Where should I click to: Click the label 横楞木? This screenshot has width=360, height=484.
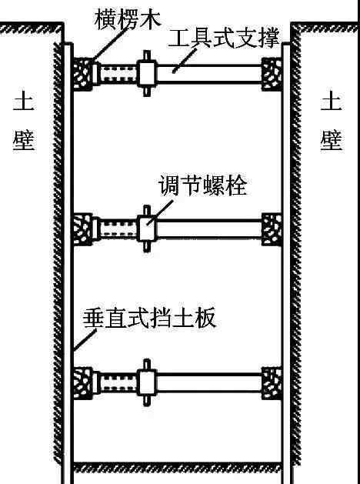pyautogui.click(x=128, y=19)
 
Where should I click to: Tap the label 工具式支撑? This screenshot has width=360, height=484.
pyautogui.click(x=223, y=38)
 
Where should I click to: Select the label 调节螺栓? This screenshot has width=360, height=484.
pyautogui.click(x=202, y=185)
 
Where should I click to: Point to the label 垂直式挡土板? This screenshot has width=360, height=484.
pyautogui.click(x=149, y=318)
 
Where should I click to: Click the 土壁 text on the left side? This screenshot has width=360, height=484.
pyautogui.click(x=23, y=120)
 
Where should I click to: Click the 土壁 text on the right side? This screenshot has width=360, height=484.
pyautogui.click(x=331, y=120)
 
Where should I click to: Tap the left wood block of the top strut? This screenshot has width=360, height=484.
pyautogui.click(x=83, y=74)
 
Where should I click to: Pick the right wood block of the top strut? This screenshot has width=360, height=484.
pyautogui.click(x=272, y=74)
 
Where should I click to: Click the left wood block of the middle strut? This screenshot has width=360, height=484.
pyautogui.click(x=83, y=229)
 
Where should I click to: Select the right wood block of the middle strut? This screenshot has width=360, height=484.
pyautogui.click(x=272, y=229)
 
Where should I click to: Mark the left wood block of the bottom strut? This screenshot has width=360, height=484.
pyautogui.click(x=83, y=383)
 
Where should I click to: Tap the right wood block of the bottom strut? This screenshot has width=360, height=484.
pyautogui.click(x=272, y=383)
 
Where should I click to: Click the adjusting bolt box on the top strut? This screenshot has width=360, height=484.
pyautogui.click(x=147, y=74)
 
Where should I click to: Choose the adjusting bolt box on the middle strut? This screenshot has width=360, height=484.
pyautogui.click(x=147, y=229)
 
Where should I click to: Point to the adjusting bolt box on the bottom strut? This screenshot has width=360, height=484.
pyautogui.click(x=147, y=383)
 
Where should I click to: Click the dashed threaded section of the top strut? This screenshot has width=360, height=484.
pyautogui.click(x=118, y=74)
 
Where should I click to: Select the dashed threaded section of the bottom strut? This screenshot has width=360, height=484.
pyautogui.click(x=118, y=383)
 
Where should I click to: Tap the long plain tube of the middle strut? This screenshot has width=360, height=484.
pyautogui.click(x=209, y=229)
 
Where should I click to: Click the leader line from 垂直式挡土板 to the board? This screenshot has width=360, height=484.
pyautogui.click(x=85, y=340)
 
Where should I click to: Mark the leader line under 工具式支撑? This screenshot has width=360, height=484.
pyautogui.click(x=185, y=61)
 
